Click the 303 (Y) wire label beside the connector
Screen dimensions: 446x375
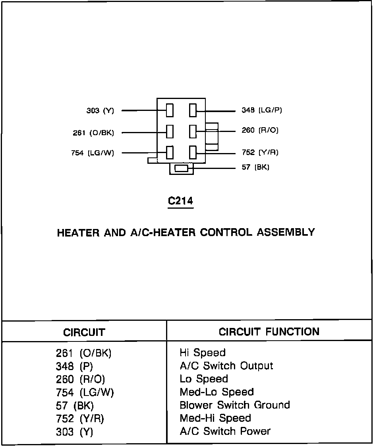tap(100, 111)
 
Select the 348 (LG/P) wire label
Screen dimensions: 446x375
tap(262, 111)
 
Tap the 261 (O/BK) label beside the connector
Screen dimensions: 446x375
tap(93, 133)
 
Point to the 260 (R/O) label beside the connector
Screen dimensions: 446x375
tap(260, 130)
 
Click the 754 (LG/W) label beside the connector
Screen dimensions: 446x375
tap(92, 153)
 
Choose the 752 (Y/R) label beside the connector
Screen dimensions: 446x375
tap(260, 152)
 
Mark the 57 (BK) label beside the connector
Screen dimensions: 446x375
tap(255, 167)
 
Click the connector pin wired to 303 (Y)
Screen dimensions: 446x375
tap(170, 110)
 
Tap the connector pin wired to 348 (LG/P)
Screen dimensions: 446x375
tap(193, 110)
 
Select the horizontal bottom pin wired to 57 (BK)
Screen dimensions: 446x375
tap(181, 168)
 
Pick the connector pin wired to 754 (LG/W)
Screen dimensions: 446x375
tap(170, 152)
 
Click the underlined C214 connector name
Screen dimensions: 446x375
tap(180, 201)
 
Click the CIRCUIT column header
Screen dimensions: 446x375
tap(84, 332)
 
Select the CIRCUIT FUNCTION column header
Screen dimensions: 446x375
tap(269, 332)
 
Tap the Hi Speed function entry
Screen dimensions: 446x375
tap(203, 353)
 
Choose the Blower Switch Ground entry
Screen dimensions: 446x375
tap(235, 405)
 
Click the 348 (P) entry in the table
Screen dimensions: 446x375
tap(74, 366)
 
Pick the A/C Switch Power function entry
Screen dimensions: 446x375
tap(225, 431)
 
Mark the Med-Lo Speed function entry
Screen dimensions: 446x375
tap(216, 392)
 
